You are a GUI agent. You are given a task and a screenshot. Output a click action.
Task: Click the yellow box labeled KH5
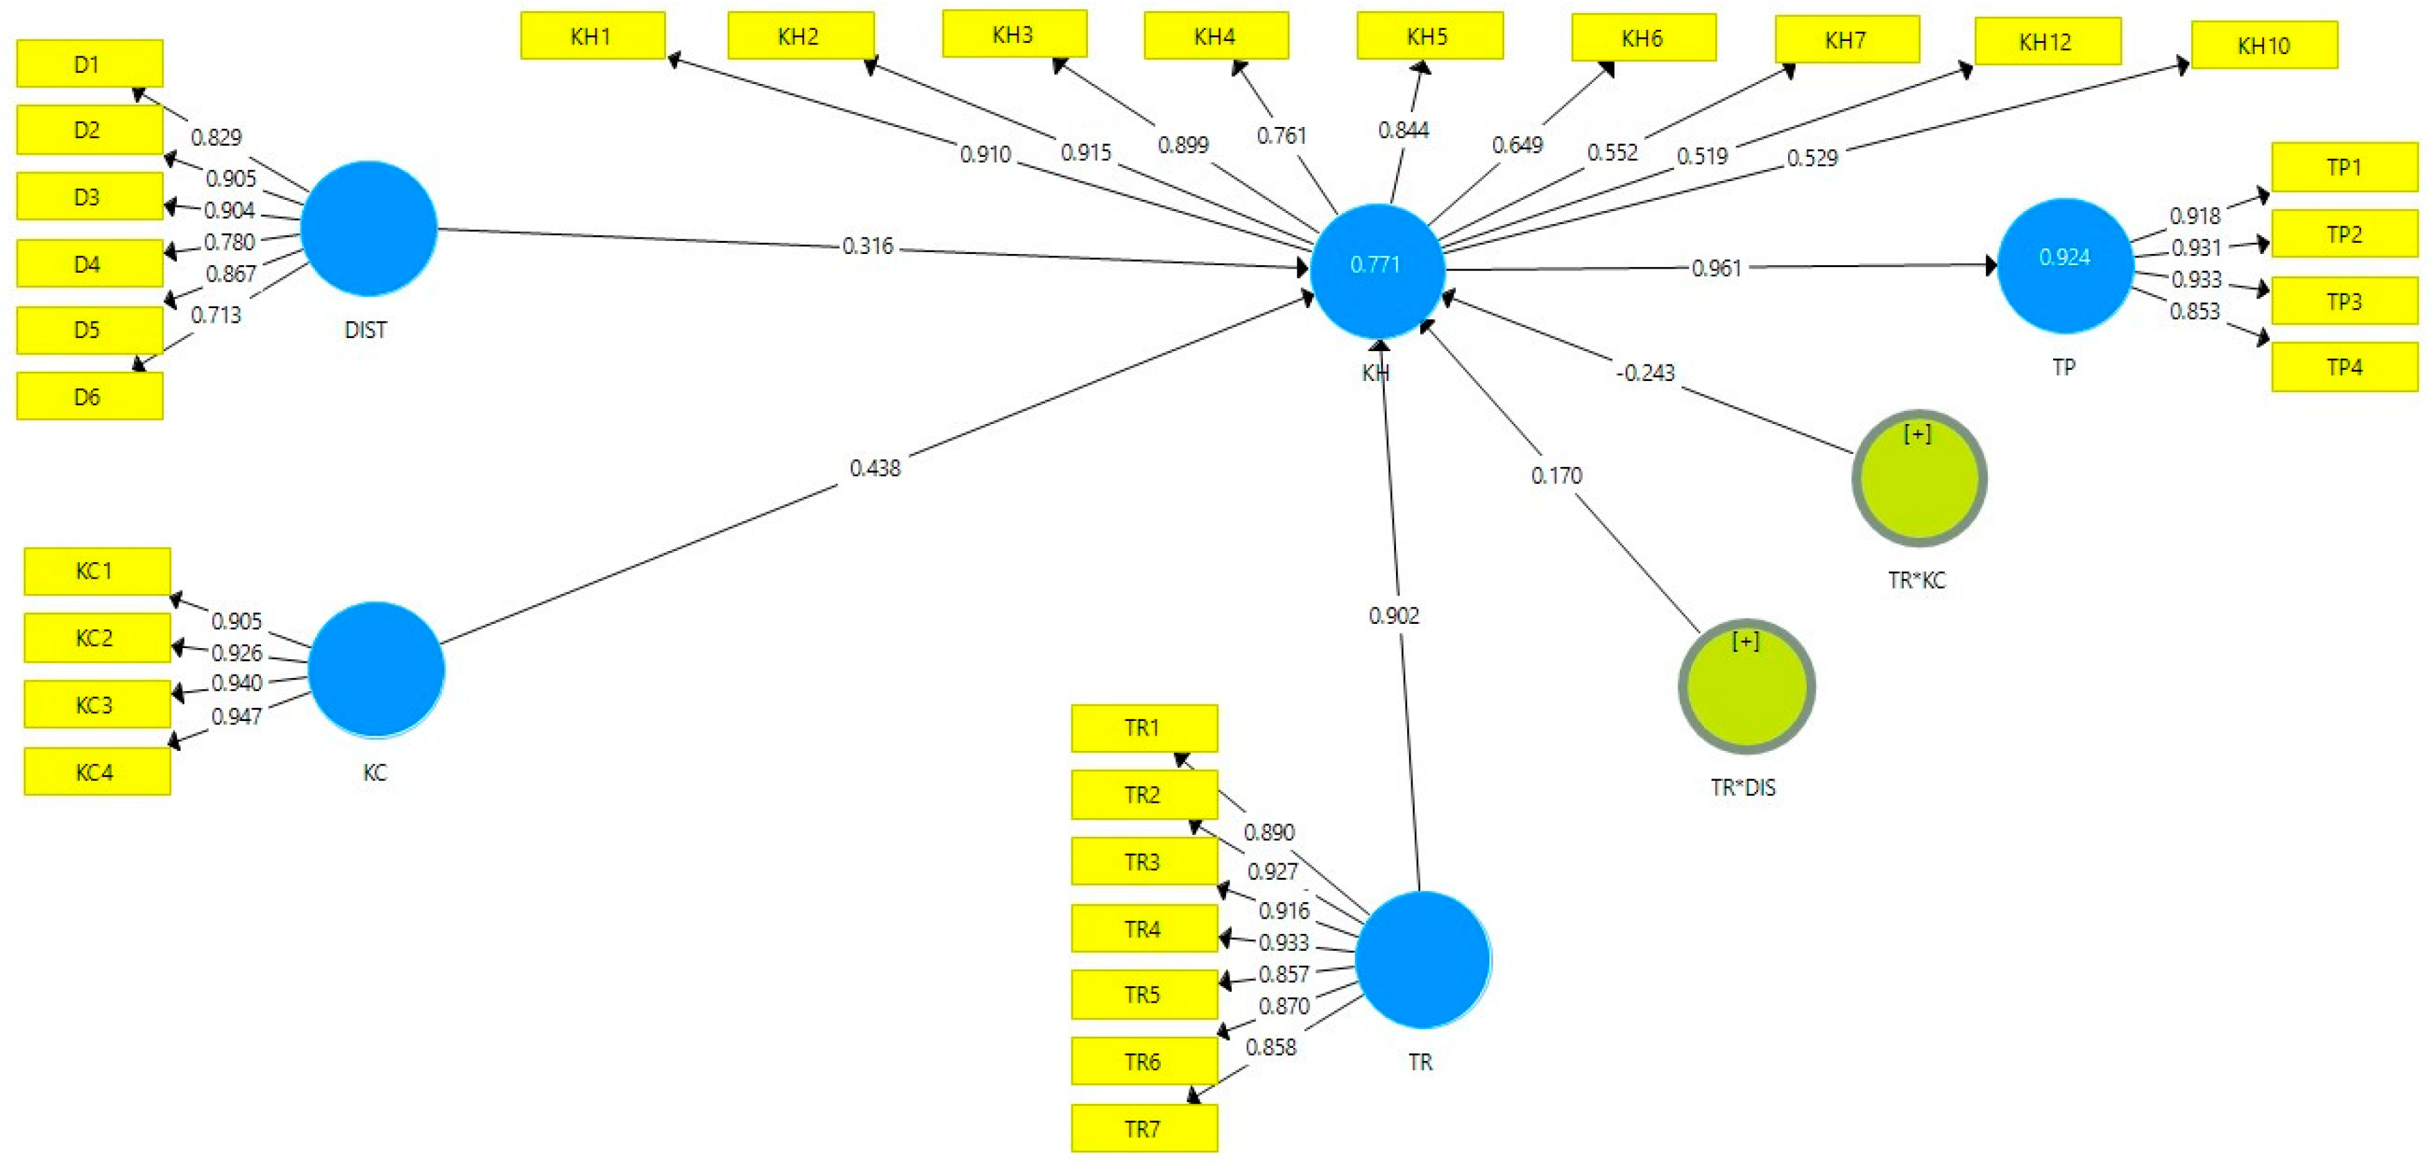(x=1429, y=37)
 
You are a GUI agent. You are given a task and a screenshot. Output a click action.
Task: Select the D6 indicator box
(x=89, y=396)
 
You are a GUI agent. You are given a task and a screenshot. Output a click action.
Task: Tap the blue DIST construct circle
(x=368, y=229)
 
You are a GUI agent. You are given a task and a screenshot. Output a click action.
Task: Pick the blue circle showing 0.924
(x=2065, y=266)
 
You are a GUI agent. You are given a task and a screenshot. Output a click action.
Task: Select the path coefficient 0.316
(x=867, y=246)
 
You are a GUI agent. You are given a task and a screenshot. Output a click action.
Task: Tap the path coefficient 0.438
(x=875, y=468)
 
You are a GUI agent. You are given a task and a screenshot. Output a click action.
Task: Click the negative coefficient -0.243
(x=1645, y=373)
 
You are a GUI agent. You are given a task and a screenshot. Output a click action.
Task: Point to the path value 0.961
(x=1716, y=269)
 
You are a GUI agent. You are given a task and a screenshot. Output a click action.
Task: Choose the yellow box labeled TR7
(x=1143, y=1128)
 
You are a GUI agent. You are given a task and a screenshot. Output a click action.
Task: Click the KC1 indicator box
(x=96, y=571)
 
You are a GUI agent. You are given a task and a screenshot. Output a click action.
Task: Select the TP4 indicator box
(x=2343, y=366)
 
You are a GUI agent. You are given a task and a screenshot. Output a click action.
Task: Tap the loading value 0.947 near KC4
(x=236, y=716)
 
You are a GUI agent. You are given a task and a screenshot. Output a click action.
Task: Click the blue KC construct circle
(x=375, y=669)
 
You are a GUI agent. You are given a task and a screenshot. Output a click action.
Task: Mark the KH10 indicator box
(x=2263, y=45)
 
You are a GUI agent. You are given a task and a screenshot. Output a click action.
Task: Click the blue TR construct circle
(x=1422, y=959)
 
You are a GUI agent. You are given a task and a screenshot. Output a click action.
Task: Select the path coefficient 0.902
(x=1394, y=616)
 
